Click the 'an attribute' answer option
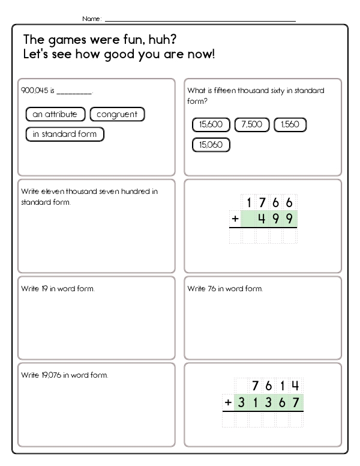pos(55,114)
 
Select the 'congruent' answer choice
pos(117,114)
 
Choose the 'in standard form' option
pos(65,134)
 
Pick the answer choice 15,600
pos(211,125)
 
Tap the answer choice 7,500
pos(252,125)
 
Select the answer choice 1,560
pos(290,125)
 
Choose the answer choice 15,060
pos(211,145)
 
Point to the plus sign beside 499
pos(236,219)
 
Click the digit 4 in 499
pos(262,219)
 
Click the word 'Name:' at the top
pos(92,19)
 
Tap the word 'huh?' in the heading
pos(161,40)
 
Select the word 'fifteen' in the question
pos(221,91)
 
